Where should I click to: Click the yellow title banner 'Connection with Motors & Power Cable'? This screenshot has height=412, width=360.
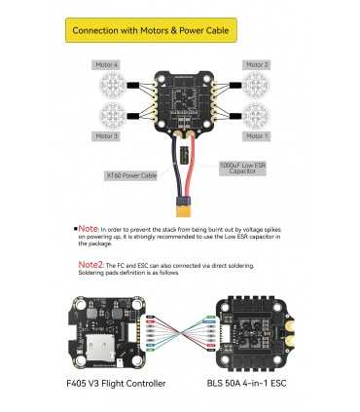[180, 29]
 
